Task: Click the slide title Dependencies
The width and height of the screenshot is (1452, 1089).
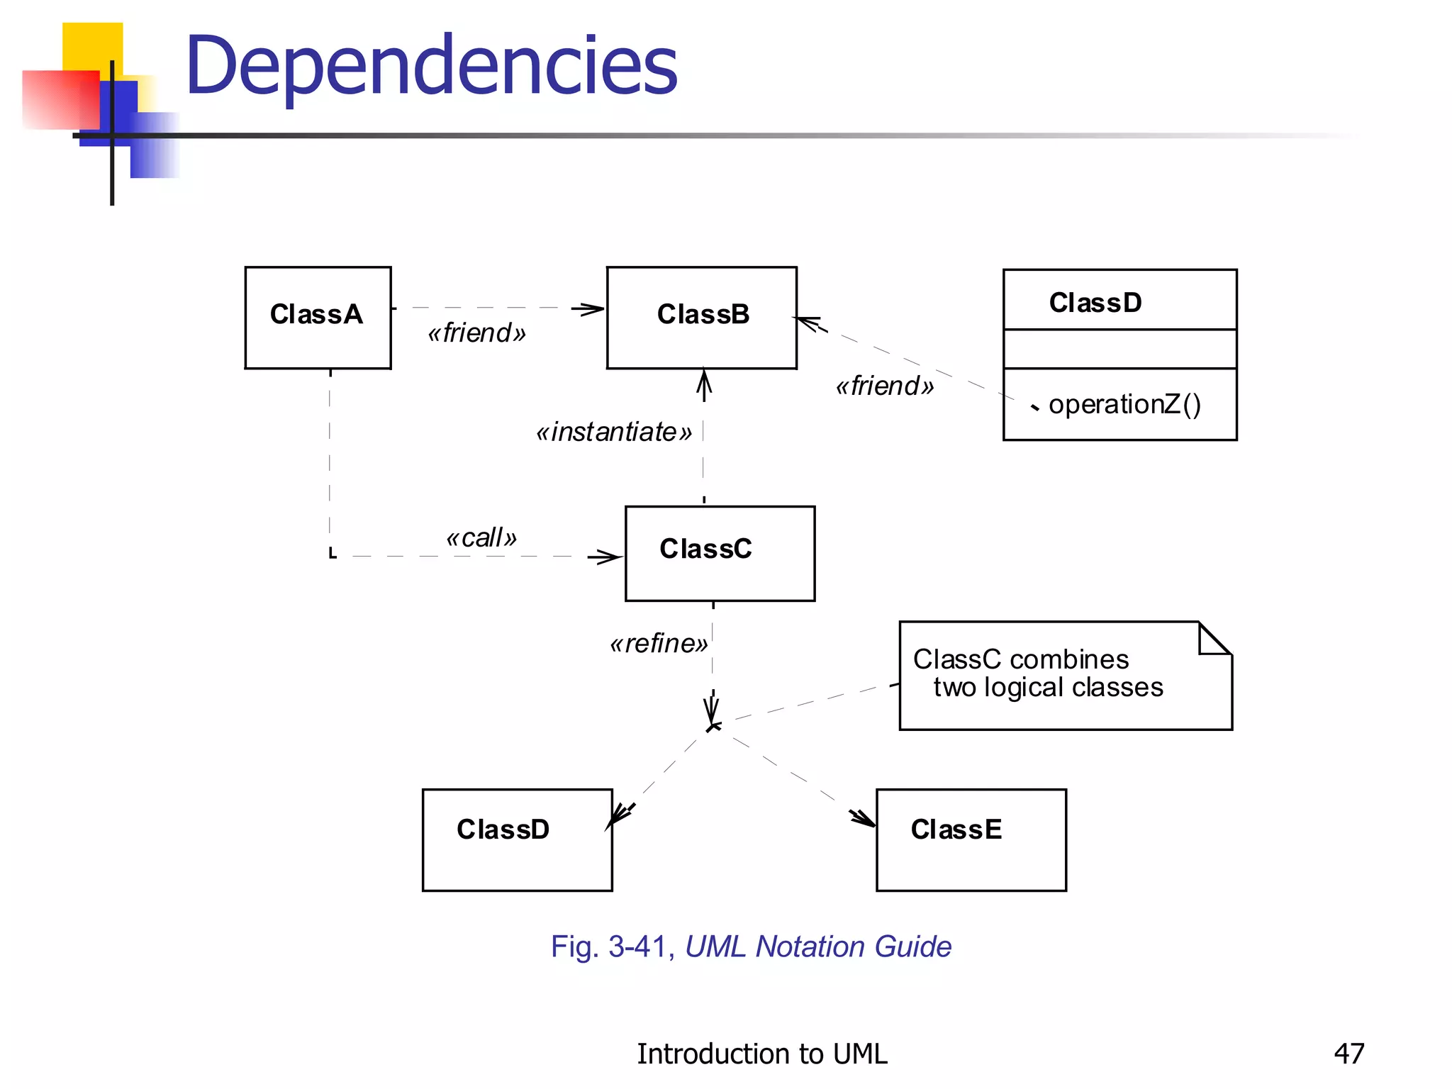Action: pyautogui.click(x=431, y=66)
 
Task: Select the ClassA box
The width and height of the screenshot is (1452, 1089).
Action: pyautogui.click(x=318, y=317)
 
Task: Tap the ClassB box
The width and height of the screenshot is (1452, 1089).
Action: pyautogui.click(x=701, y=317)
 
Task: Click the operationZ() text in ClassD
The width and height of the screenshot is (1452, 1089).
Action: pyautogui.click(x=1124, y=404)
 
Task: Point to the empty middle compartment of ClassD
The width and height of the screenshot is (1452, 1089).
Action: pyautogui.click(x=1119, y=348)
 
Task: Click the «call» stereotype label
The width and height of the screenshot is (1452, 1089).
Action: pyautogui.click(x=481, y=537)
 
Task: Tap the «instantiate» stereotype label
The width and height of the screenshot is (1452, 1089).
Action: pyautogui.click(x=614, y=432)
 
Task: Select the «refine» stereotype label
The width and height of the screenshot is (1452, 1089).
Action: pyautogui.click(x=659, y=643)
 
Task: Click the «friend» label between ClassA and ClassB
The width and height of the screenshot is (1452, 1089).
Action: pyautogui.click(x=476, y=333)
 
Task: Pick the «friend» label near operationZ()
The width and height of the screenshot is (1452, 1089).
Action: pyautogui.click(x=885, y=386)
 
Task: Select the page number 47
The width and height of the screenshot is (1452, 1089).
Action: pyautogui.click(x=1348, y=1054)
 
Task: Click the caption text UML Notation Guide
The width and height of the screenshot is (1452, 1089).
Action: pyautogui.click(x=818, y=946)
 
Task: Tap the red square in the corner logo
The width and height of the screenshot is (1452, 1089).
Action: pyautogui.click(x=60, y=99)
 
